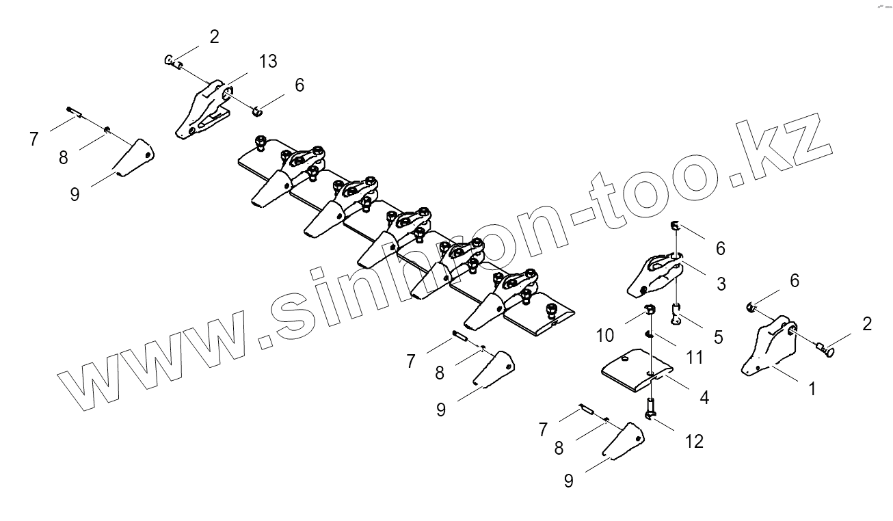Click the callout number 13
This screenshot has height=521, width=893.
tap(268, 62)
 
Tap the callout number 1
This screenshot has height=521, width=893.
tap(812, 389)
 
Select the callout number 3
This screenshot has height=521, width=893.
tap(721, 283)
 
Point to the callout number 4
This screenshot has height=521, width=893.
tap(704, 397)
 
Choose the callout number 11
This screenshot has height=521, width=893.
tap(694, 357)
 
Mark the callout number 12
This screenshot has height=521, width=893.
tap(693, 442)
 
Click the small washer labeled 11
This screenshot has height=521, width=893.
tap(649, 334)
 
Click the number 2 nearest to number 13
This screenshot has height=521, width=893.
tap(214, 37)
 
